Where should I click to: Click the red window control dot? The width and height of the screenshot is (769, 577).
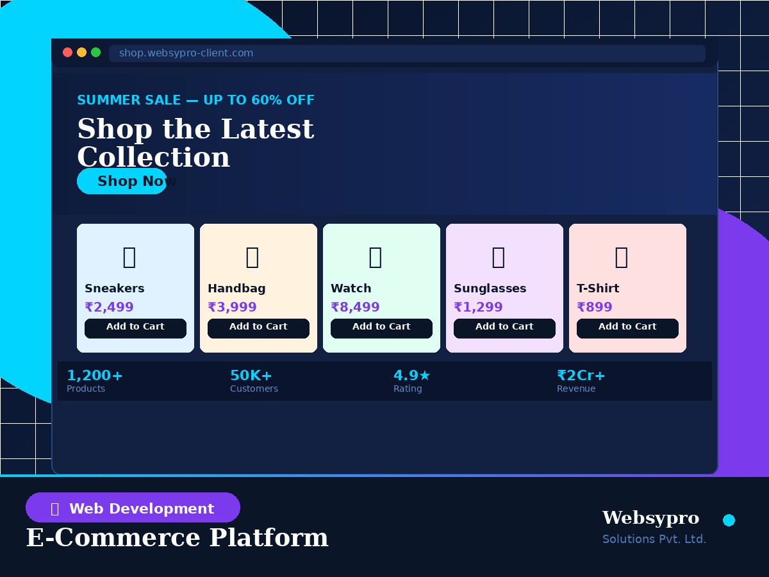[x=67, y=53]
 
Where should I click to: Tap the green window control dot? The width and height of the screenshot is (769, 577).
[x=95, y=53]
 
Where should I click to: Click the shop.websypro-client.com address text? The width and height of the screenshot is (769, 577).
[x=186, y=53]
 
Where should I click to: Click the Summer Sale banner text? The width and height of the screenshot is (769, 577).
[x=195, y=101]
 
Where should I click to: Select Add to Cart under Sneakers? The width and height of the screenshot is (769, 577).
[x=135, y=328]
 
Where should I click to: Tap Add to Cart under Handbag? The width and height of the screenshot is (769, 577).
[x=258, y=328]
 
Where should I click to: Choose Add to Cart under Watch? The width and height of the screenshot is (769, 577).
[x=381, y=328]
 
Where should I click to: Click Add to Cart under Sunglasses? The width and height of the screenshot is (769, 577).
[x=504, y=328]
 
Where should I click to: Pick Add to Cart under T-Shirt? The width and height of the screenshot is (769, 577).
[x=627, y=328]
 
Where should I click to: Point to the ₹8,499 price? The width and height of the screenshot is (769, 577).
[x=355, y=308]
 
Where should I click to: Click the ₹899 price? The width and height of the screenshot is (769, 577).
[x=595, y=308]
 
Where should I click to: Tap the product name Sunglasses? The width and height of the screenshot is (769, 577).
[x=490, y=288]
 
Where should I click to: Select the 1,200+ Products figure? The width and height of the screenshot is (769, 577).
[x=95, y=376]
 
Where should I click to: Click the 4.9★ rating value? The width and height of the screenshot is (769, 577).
[x=411, y=376]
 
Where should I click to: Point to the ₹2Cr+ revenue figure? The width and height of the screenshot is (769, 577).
[x=581, y=376]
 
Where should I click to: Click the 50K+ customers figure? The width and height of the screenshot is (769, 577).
[x=251, y=376]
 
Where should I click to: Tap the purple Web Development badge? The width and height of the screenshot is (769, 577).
[x=133, y=508]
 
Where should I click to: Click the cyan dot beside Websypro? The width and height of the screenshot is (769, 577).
[x=729, y=520]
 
